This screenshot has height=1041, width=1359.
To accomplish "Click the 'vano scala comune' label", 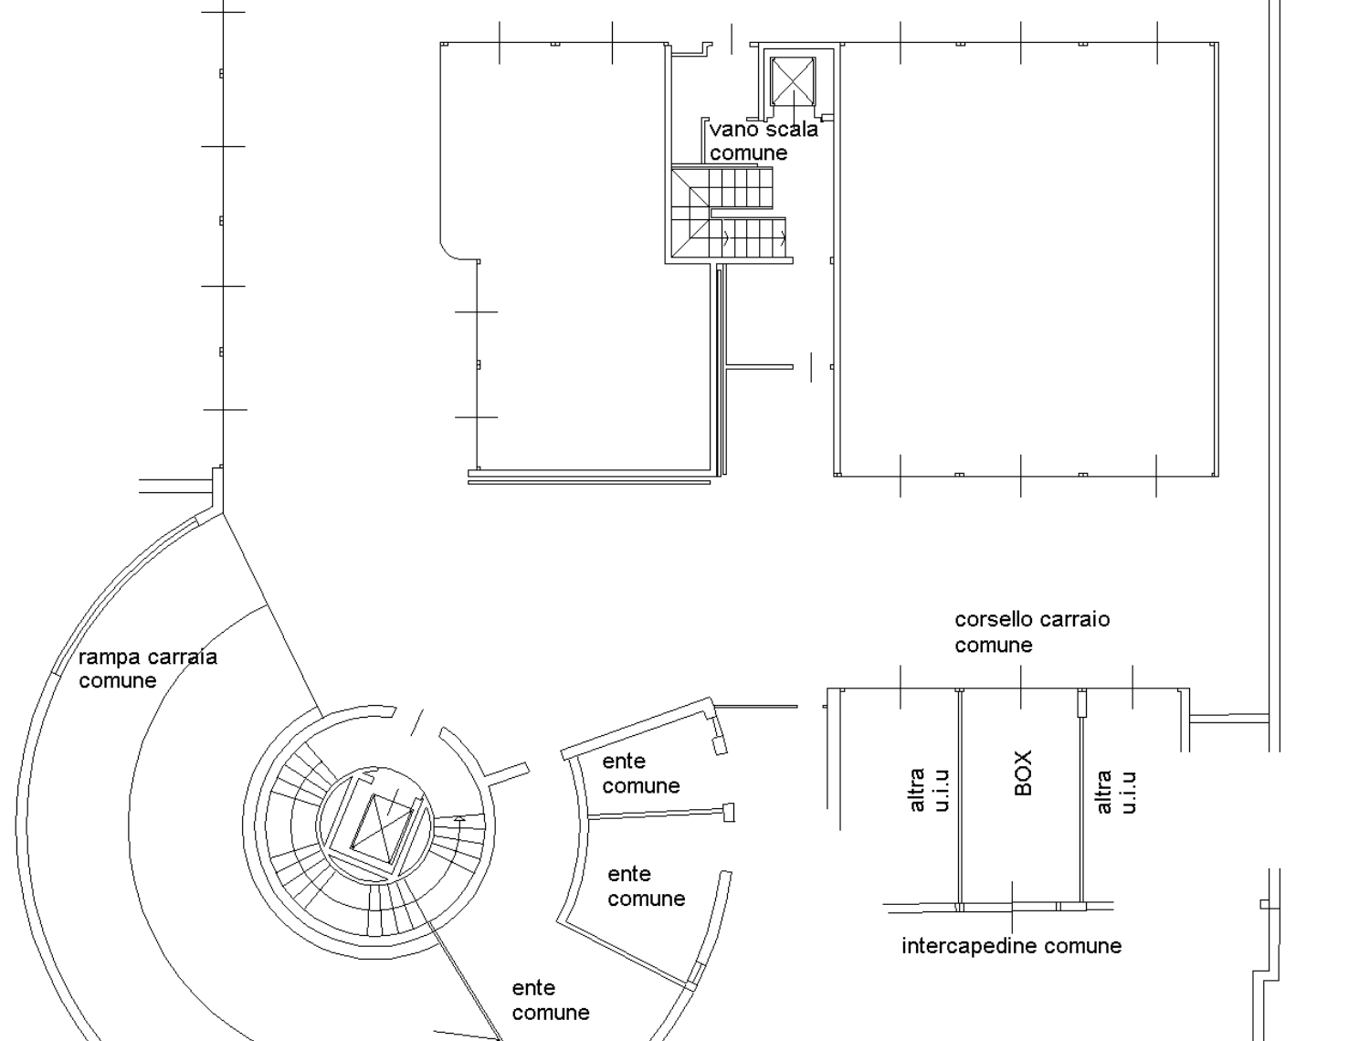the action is pyautogui.click(x=764, y=141).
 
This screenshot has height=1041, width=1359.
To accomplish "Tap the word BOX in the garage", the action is pyautogui.click(x=1023, y=773).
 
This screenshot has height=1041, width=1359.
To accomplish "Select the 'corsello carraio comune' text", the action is pyautogui.click(x=1032, y=632).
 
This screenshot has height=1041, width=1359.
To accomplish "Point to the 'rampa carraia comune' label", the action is pyautogui.click(x=148, y=668).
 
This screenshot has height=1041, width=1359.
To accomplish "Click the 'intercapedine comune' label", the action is pyautogui.click(x=1011, y=946).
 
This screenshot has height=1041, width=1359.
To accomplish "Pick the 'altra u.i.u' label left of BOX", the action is pyautogui.click(x=929, y=790).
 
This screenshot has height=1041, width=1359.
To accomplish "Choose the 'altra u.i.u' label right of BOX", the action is pyautogui.click(x=1116, y=792).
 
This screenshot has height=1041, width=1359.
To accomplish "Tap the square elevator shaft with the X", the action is pyautogui.click(x=793, y=81).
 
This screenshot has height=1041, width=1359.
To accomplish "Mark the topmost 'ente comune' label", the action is pyautogui.click(x=640, y=773).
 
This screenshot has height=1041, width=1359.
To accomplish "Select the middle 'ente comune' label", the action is pyautogui.click(x=646, y=886).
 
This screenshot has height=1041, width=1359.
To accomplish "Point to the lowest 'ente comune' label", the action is pyautogui.click(x=551, y=1000).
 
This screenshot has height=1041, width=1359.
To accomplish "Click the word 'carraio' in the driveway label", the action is pyautogui.click(x=1071, y=620).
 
